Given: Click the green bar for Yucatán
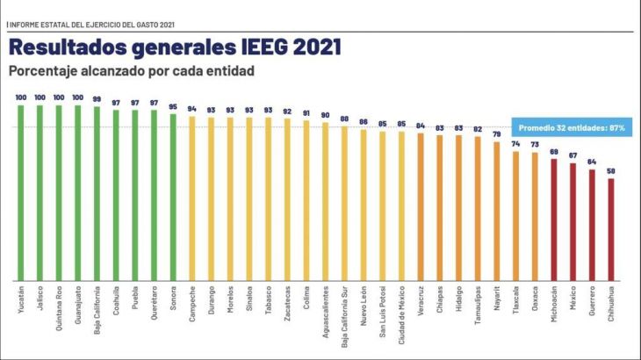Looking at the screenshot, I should click(x=20, y=193).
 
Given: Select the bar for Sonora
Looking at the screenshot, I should click(x=173, y=197).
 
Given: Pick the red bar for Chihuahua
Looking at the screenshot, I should click(x=610, y=229).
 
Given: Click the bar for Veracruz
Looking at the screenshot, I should click(x=420, y=206).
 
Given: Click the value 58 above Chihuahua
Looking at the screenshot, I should click(x=610, y=172).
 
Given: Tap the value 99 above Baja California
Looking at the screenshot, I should click(x=97, y=99).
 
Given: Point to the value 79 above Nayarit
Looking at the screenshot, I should click(x=496, y=135).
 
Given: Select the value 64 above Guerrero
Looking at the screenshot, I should click(x=592, y=162).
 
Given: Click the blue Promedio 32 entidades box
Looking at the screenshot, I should click(x=571, y=128).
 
